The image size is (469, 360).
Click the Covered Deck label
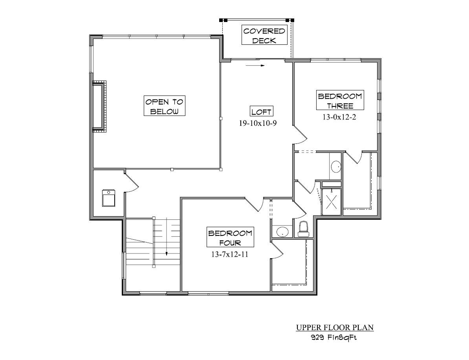coord(264,36)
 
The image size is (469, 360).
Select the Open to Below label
coord(164,106)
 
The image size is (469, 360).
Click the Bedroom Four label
coord(230,237)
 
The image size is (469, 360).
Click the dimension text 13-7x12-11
coord(230,254)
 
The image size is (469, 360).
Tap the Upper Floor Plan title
coord(334,327)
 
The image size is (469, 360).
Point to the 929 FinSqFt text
coord(334,337)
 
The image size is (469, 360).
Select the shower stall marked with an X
coord(332,202)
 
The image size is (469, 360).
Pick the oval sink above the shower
coord(336,167)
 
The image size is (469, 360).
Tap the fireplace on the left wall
coord(99,107)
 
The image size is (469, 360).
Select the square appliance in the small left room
coord(109,198)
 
